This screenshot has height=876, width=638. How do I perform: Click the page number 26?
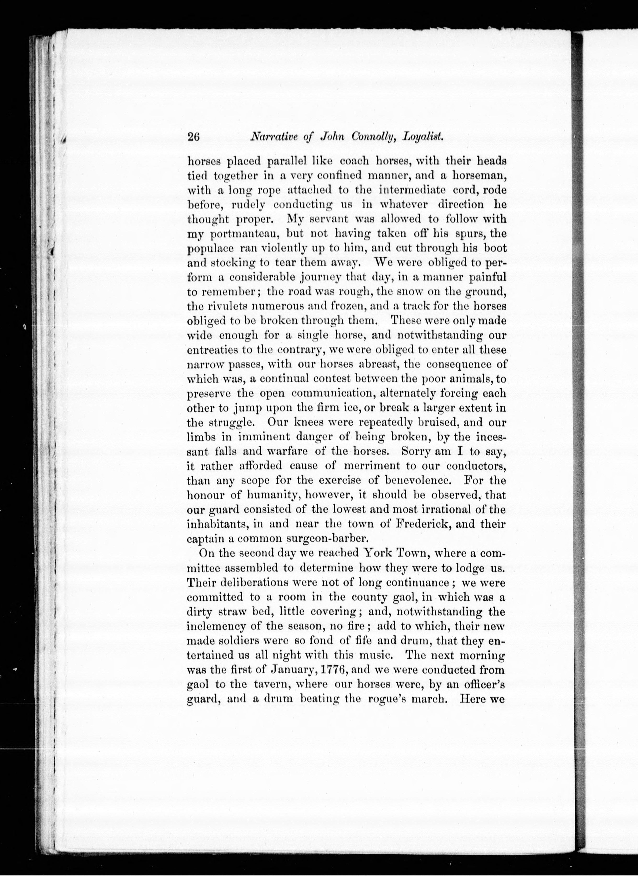(x=193, y=138)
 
